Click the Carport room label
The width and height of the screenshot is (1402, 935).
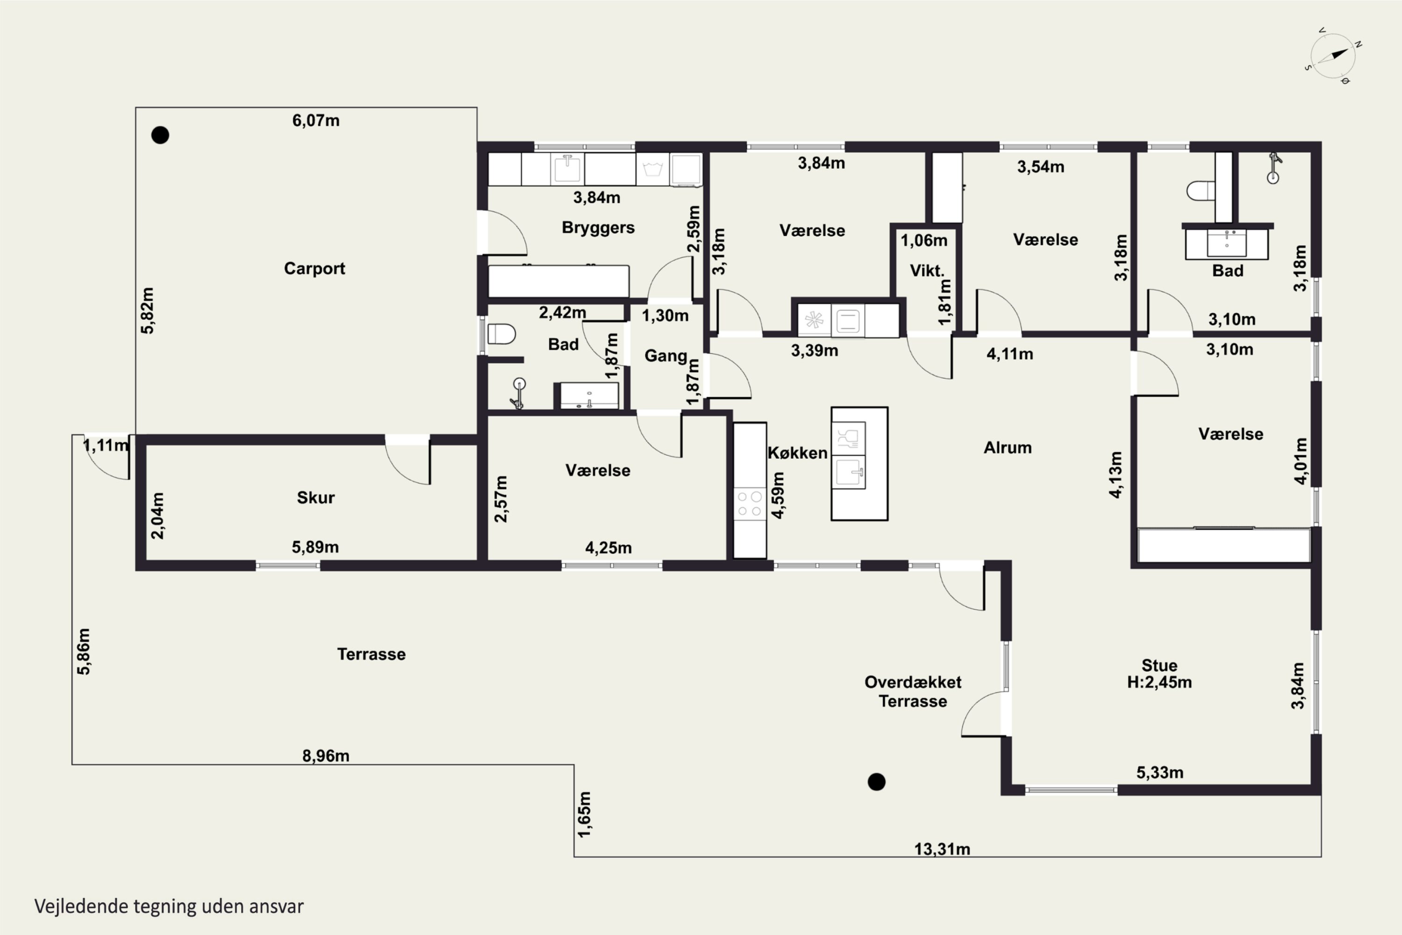tap(314, 269)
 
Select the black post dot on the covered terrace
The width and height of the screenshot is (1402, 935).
tap(876, 782)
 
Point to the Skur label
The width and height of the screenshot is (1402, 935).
tap(315, 497)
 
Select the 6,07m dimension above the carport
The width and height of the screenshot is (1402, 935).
tap(315, 121)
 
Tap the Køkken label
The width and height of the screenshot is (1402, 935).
tap(797, 453)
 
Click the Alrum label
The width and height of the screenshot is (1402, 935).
tap(1008, 447)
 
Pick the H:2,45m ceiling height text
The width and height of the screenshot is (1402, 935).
tap(1159, 682)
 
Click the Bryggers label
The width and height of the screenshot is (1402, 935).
tap(598, 228)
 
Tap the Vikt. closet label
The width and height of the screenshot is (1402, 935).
tap(927, 271)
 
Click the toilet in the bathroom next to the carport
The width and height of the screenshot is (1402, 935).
tap(501, 334)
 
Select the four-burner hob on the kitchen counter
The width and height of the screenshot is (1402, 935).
tap(749, 503)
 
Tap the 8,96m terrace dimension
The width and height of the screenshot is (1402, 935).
tap(325, 755)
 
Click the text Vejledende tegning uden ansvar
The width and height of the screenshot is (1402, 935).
tap(169, 906)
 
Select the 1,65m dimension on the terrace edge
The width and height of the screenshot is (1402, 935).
tap(585, 814)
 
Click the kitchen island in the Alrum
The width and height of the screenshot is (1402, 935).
tap(859, 464)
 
